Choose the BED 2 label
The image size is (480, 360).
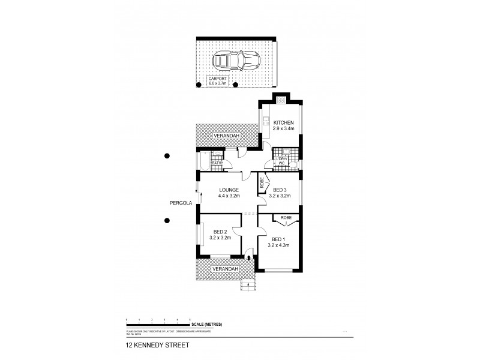[219, 235]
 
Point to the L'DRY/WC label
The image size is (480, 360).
[281, 161]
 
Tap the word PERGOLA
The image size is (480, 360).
[181, 203]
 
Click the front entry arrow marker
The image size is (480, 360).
[248, 257]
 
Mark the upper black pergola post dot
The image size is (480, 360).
[167, 157]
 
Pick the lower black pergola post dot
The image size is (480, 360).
[167, 220]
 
